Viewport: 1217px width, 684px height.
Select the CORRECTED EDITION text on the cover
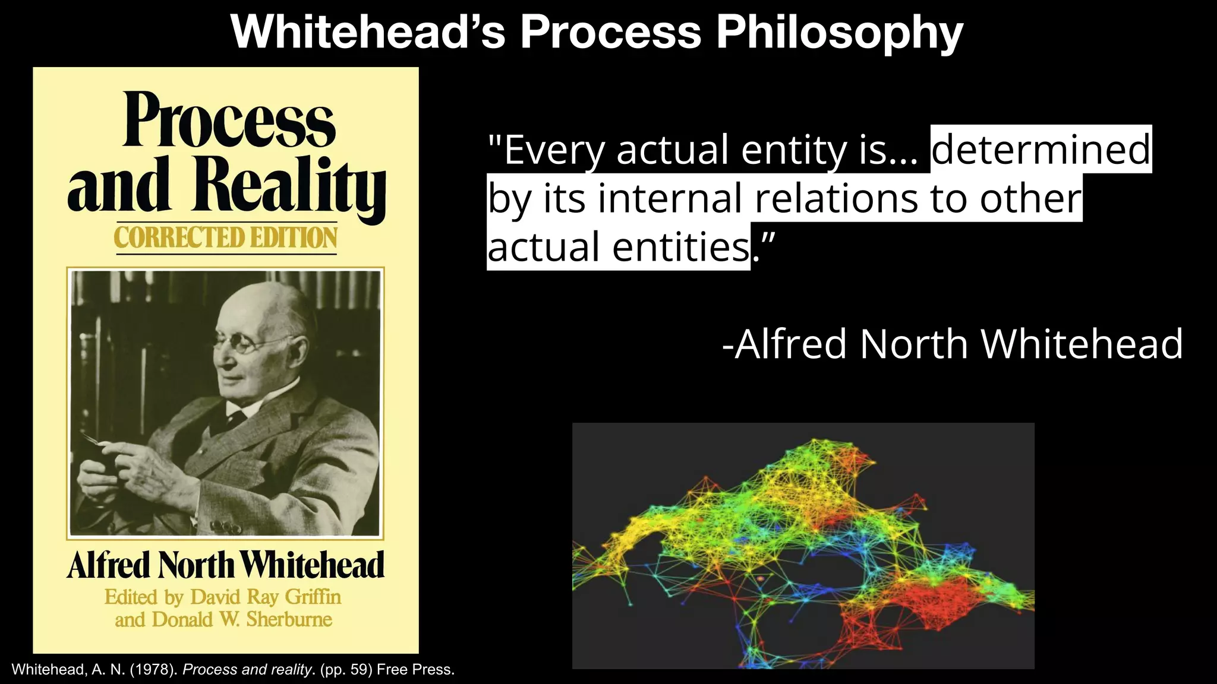tap(226, 237)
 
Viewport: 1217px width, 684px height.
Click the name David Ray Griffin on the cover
tap(265, 597)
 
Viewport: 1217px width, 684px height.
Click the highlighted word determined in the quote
tap(1041, 149)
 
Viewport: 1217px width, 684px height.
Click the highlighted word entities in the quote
tap(681, 247)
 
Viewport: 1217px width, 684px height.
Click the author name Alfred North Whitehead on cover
tap(226, 565)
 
